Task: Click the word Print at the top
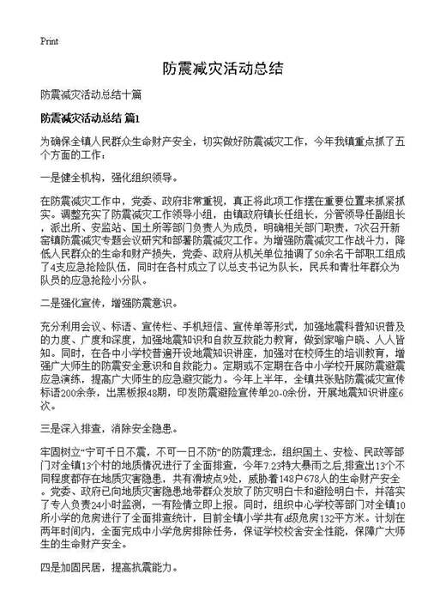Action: point(48,40)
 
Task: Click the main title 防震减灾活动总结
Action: point(222,68)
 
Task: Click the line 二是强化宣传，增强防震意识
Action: point(108,304)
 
